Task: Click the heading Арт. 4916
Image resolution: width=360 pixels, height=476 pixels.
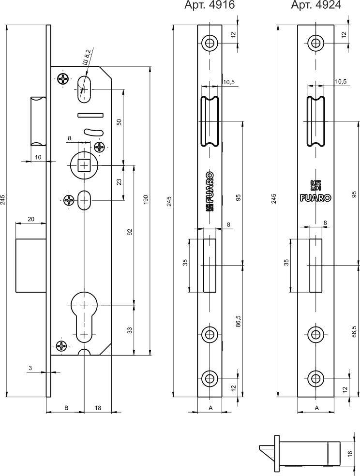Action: pyautogui.click(x=210, y=5)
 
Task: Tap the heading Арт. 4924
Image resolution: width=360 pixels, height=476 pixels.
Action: pyautogui.click(x=315, y=5)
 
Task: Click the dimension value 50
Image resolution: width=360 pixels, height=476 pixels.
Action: pyautogui.click(x=119, y=122)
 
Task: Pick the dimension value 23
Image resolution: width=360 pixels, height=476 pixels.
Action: pyautogui.click(x=119, y=182)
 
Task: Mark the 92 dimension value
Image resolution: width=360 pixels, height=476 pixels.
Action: pyautogui.click(x=130, y=232)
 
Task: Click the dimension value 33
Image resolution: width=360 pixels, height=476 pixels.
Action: pyautogui.click(x=130, y=330)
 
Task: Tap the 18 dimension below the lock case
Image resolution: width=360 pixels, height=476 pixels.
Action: pyautogui.click(x=98, y=408)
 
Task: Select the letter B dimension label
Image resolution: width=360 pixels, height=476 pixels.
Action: pyautogui.click(x=67, y=408)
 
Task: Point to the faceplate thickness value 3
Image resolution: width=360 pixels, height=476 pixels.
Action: pyautogui.click(x=30, y=368)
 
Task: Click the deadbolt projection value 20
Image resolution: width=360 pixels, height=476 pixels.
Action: pyautogui.click(x=30, y=219)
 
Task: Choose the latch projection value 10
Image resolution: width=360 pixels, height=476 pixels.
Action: pyautogui.click(x=38, y=157)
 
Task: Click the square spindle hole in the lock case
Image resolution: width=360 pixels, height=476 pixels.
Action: pyautogui.click(x=85, y=165)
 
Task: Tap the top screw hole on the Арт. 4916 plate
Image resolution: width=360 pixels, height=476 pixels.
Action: pyautogui.click(x=210, y=43)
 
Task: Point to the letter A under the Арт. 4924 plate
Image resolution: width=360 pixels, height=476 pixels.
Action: pyautogui.click(x=316, y=408)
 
